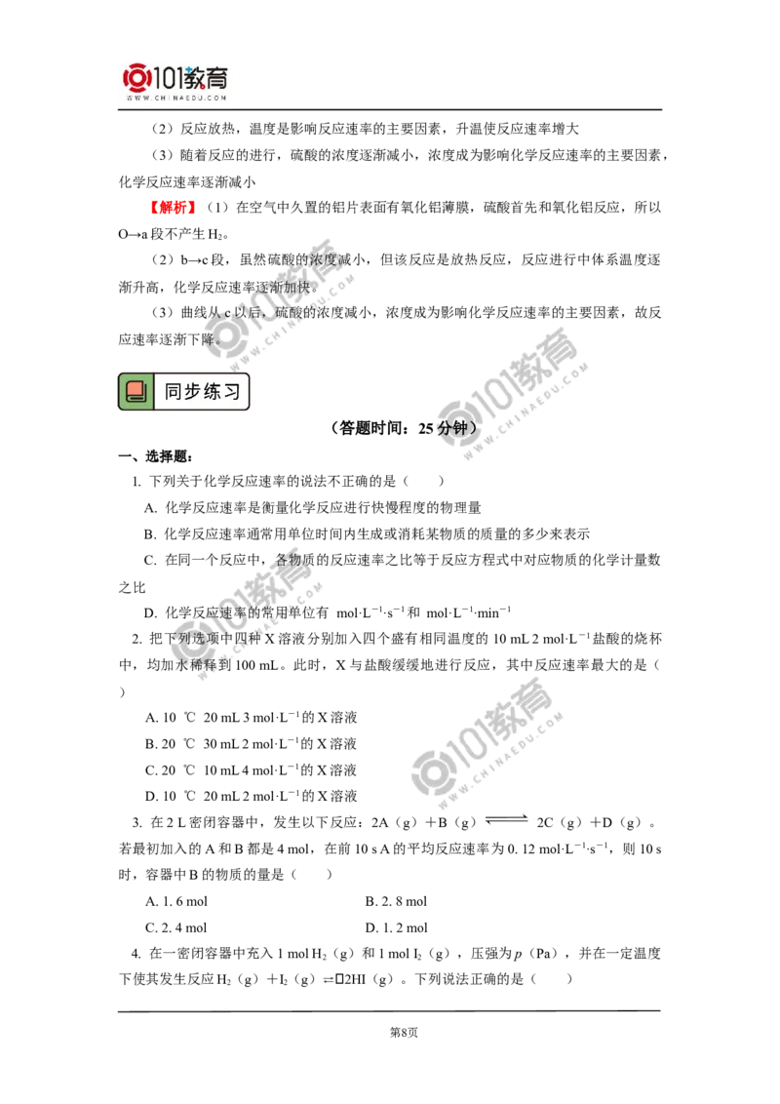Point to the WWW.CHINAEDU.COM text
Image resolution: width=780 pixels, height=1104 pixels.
click(175, 99)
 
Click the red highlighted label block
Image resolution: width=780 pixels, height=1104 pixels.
click(175, 207)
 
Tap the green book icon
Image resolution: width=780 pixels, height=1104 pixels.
click(136, 392)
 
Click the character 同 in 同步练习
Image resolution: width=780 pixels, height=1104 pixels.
click(173, 392)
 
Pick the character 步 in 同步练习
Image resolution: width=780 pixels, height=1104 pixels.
click(192, 392)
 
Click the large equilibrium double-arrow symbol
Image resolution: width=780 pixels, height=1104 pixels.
click(503, 819)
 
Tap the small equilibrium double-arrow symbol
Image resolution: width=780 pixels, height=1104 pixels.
click(328, 979)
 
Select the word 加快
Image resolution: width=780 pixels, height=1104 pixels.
click(294, 288)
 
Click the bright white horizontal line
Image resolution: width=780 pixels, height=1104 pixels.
click(556, 299)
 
